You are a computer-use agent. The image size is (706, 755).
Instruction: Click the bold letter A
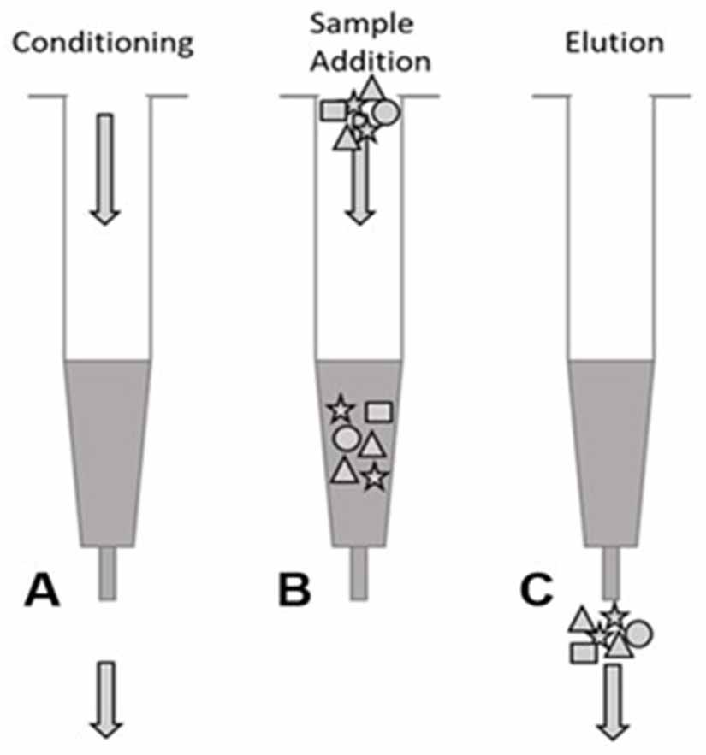(43, 590)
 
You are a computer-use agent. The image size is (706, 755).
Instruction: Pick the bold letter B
(294, 590)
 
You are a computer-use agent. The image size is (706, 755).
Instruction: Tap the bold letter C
(540, 590)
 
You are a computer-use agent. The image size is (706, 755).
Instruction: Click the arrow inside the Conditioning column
(104, 167)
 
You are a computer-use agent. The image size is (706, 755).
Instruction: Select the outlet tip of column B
(359, 572)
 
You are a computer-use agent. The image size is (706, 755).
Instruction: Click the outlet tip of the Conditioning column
(108, 572)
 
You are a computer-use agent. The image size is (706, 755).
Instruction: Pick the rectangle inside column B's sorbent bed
(378, 411)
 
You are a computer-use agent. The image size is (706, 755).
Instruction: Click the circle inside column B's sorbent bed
(345, 439)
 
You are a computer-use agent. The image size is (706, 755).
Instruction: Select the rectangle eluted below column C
(584, 652)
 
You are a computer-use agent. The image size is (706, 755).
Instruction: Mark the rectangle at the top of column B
(332, 110)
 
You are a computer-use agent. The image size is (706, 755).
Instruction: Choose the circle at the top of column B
(387, 111)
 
